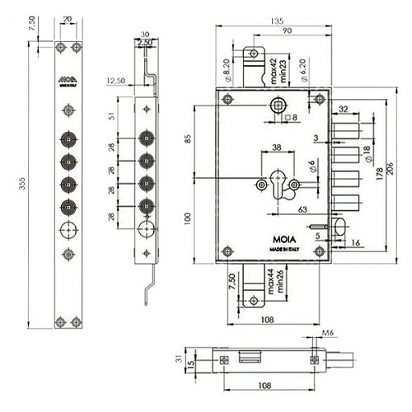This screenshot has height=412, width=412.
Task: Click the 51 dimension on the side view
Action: [x=121, y=116]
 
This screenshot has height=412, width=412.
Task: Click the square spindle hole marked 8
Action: [x=280, y=105]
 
